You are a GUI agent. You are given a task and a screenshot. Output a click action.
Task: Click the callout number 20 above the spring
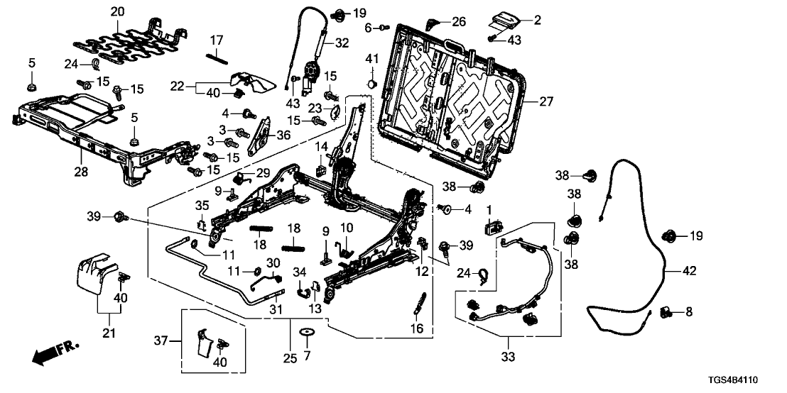pyautogui.click(x=117, y=12)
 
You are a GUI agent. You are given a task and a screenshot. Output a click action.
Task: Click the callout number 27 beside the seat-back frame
pyautogui.click(x=546, y=101)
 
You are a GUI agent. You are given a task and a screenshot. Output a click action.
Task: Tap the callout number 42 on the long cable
pyautogui.click(x=689, y=270)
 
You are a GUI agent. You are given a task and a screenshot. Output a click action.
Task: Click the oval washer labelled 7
pyautogui.click(x=307, y=332)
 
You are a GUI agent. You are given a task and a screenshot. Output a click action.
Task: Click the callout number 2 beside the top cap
pyautogui.click(x=537, y=21)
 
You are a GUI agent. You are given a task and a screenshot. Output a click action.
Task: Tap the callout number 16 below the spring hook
pyautogui.click(x=416, y=328)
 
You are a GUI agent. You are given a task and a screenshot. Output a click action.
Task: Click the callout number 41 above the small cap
pyautogui.click(x=370, y=57)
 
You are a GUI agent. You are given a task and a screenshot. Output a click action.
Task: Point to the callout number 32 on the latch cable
pyautogui.click(x=342, y=43)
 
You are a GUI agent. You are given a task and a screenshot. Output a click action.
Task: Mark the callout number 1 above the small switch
pyautogui.click(x=489, y=211)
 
